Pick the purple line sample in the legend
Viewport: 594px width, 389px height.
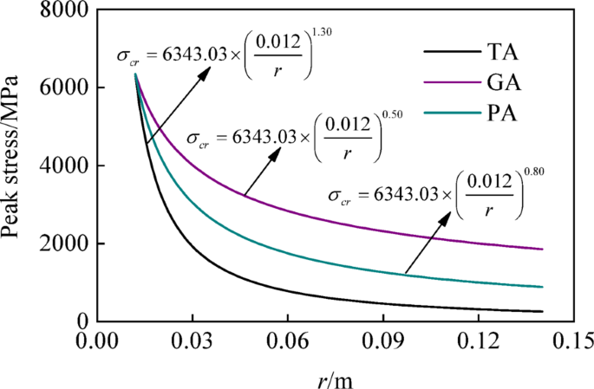pyautogui.click(x=448, y=83)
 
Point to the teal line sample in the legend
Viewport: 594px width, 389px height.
pyautogui.click(x=448, y=113)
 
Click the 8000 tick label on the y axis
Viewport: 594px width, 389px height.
pyautogui.click(x=61, y=11)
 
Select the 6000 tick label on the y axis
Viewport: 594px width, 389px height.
pyautogui.click(x=61, y=88)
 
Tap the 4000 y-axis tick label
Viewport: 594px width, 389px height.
pyautogui.click(x=61, y=166)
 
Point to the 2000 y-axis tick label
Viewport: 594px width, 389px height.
pyautogui.click(x=61, y=243)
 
